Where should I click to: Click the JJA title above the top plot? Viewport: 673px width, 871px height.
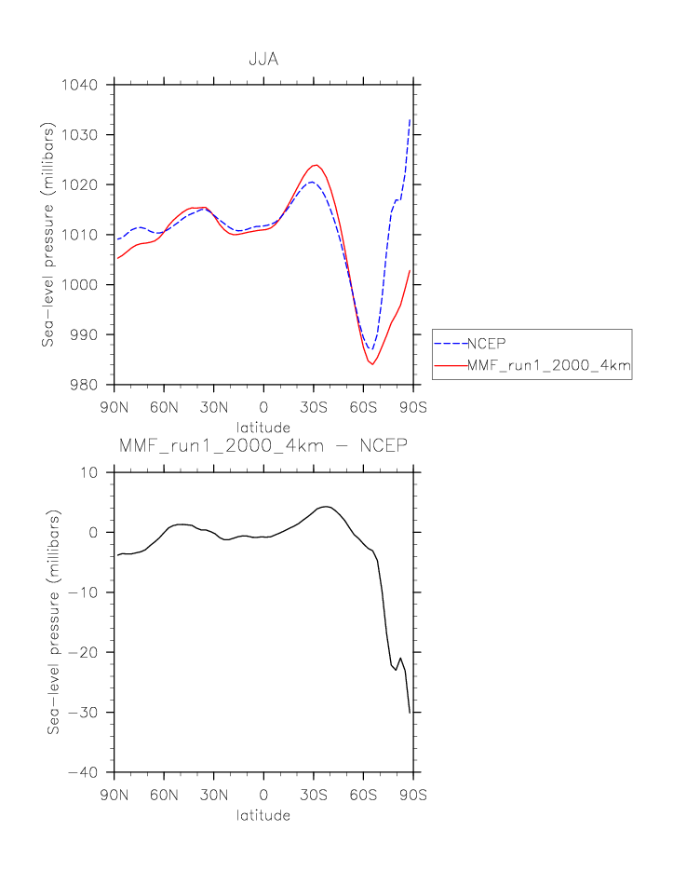263,60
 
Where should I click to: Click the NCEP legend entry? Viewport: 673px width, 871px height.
486,342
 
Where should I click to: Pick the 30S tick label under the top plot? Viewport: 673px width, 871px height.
314,406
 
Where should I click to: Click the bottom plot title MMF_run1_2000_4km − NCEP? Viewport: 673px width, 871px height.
263,446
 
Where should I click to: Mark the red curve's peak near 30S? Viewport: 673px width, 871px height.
316,165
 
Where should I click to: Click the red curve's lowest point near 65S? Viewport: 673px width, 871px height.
372,364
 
